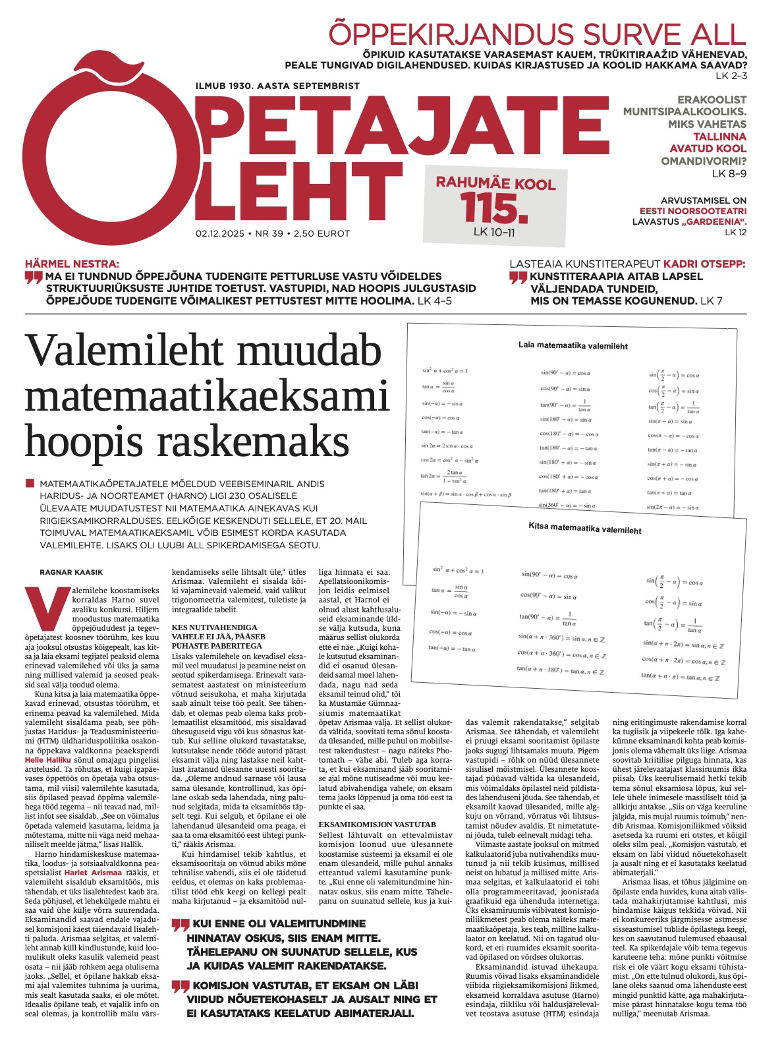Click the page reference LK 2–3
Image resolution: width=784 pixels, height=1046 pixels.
click(733, 76)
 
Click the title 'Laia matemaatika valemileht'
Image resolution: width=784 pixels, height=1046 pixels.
click(573, 345)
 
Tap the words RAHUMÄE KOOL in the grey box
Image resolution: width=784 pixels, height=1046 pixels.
click(495, 183)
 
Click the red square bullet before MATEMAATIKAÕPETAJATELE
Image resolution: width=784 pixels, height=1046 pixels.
click(30, 483)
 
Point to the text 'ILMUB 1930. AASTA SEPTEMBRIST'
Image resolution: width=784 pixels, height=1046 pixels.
click(277, 86)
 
